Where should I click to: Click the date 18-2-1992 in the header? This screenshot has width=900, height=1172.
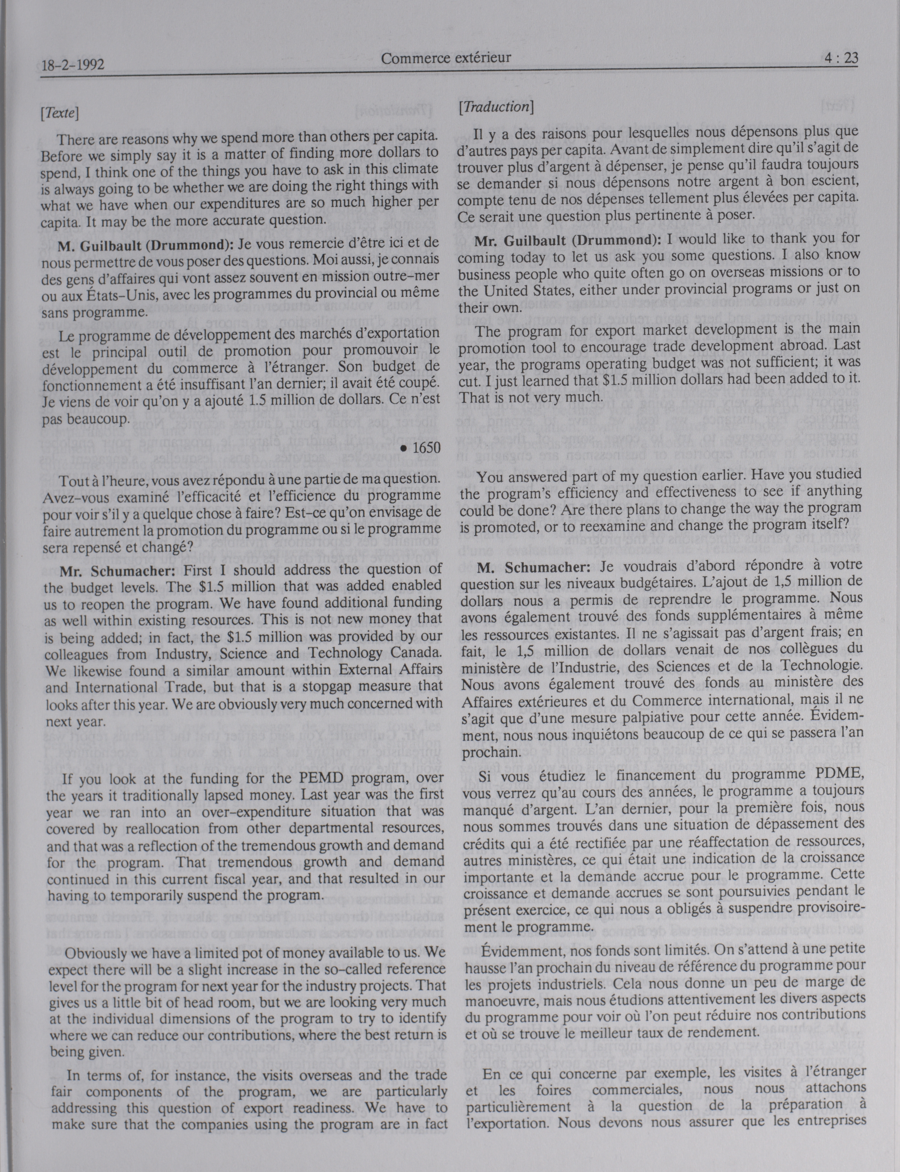pyautogui.click(x=73, y=65)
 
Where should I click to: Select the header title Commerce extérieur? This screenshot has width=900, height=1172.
pyautogui.click(x=446, y=57)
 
